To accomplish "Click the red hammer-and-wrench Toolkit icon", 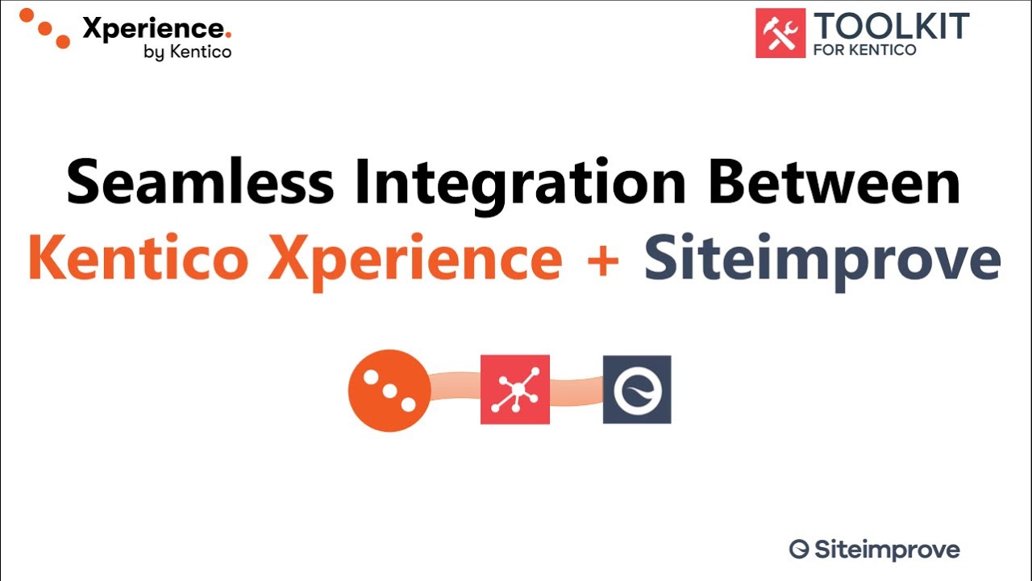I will click(x=780, y=33).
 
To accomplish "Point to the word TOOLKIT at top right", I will click(x=890, y=26).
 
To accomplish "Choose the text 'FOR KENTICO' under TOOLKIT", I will click(x=864, y=50).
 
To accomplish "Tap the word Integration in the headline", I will click(x=521, y=182).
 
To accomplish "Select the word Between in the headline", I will click(x=834, y=182).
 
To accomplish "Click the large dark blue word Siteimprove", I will click(x=822, y=259).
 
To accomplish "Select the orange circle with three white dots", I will click(x=389, y=391).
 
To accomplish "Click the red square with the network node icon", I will click(x=515, y=390).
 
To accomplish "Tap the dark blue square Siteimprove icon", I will click(x=637, y=390).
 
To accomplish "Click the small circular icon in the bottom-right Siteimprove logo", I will click(x=798, y=550).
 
